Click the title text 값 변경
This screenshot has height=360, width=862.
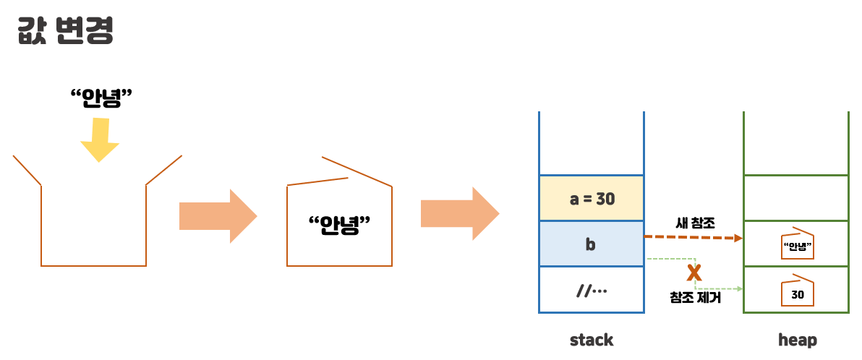coord(65,31)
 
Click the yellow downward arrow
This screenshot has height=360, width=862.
coord(100,140)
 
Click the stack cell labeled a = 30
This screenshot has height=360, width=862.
coord(592,198)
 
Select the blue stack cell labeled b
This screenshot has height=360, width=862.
coord(592,244)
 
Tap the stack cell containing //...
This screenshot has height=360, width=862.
coord(592,291)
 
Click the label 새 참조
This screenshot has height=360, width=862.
coord(694,224)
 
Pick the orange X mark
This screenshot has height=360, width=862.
coord(694,273)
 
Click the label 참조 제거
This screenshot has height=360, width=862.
coord(695,297)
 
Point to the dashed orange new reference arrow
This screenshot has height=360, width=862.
coord(691,237)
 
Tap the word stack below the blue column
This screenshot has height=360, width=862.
coord(592,340)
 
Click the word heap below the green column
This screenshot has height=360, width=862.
coord(798,340)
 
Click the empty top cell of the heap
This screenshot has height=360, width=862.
coord(796,198)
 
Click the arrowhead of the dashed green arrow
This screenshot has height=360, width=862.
coord(739,289)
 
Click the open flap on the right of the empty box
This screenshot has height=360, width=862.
coord(164,170)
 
